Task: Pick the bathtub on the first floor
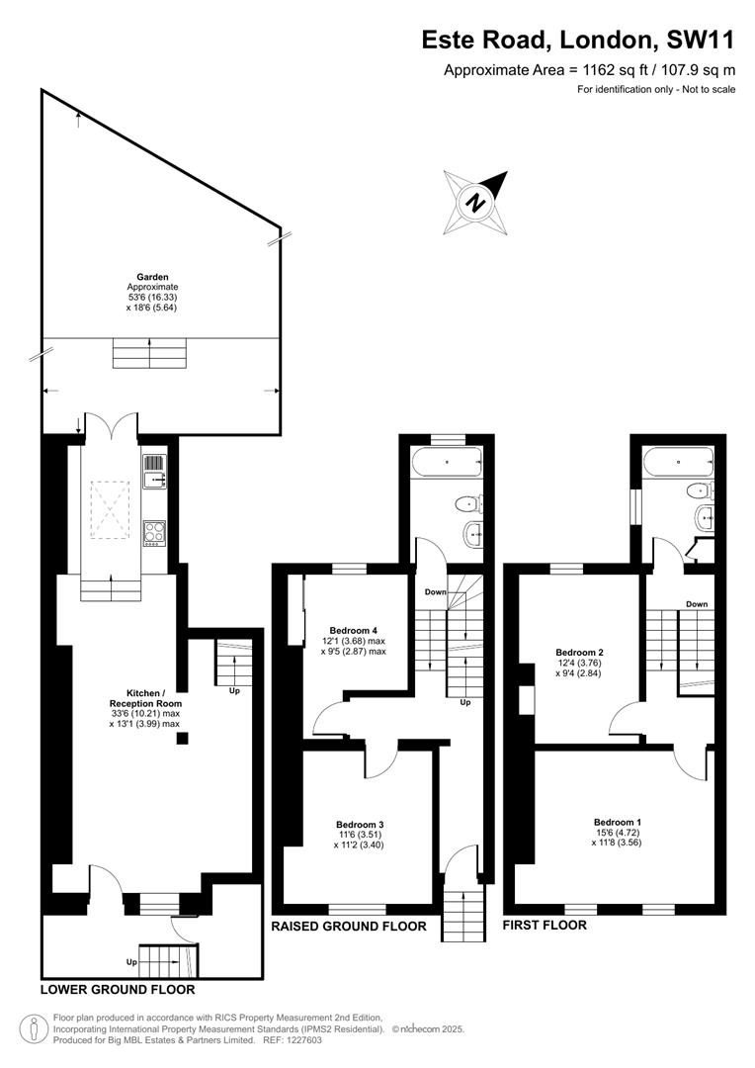tap(676, 461)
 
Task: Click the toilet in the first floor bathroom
tap(700, 489)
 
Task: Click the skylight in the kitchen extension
tap(111, 504)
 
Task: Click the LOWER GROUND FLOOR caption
tap(118, 989)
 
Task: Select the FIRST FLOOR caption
tap(545, 926)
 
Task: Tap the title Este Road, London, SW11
tap(578, 40)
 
